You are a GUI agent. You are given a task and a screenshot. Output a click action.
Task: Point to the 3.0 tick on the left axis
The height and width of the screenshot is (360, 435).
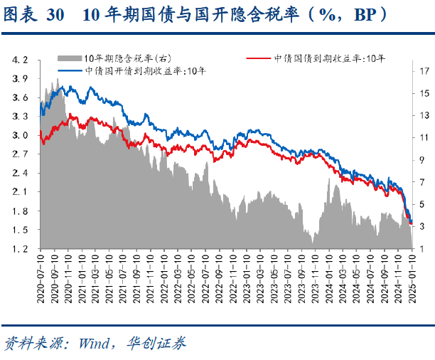[x=21, y=135]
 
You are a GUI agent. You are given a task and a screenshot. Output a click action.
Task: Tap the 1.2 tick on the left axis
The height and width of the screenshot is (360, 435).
[x=21, y=249]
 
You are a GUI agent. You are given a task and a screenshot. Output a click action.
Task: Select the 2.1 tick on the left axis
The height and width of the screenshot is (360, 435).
[x=21, y=192]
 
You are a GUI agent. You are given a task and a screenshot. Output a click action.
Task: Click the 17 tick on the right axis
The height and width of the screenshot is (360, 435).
[x=424, y=71]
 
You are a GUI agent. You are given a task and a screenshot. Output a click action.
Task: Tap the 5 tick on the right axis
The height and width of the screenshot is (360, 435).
[x=424, y=204]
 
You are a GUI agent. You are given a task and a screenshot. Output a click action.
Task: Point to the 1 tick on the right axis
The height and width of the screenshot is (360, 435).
[x=424, y=248]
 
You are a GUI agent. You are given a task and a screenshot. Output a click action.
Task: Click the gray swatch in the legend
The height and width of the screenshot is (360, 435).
[x=69, y=58]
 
